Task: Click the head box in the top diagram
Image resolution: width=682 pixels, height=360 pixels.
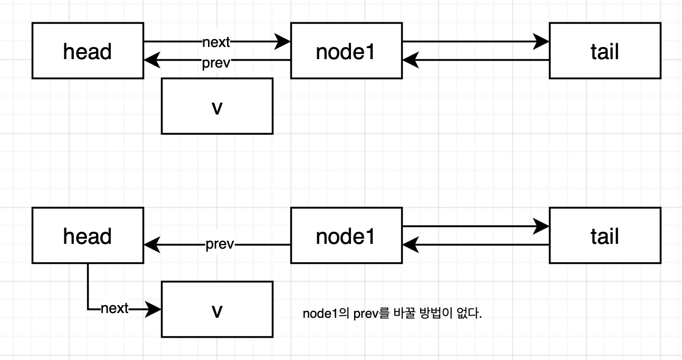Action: tap(88, 51)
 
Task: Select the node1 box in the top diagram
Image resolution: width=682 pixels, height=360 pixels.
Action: tap(346, 51)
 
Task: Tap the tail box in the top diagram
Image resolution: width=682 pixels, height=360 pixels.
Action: tap(604, 51)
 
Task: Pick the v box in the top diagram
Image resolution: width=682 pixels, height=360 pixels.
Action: tap(217, 106)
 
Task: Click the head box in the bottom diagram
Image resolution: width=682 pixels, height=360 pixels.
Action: tap(88, 235)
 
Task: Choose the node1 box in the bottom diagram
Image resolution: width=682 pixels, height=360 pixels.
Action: tap(346, 235)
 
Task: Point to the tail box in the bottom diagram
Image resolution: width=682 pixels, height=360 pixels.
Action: tap(604, 235)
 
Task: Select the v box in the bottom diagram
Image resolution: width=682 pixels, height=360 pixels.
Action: tap(217, 309)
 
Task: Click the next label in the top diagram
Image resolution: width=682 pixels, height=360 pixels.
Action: tap(216, 42)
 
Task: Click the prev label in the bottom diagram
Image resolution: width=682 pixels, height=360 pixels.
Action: tap(220, 245)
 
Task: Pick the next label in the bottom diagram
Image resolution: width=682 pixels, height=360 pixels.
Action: tap(115, 309)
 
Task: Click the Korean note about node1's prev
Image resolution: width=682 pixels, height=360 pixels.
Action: tap(392, 314)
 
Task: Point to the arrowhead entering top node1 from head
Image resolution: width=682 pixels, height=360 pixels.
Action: tap(283, 41)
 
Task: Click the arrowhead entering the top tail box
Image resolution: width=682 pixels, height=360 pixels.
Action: tap(542, 41)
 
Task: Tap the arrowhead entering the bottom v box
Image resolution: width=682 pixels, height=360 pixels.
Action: tap(153, 309)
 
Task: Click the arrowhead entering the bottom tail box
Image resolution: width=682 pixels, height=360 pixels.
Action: tap(542, 226)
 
